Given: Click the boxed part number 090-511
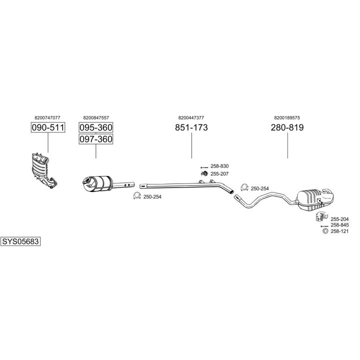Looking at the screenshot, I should [x=48, y=127].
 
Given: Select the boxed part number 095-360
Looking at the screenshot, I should [x=96, y=127].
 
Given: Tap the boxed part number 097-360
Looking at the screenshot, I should [x=96, y=139].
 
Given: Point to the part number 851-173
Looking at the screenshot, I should [x=191, y=127].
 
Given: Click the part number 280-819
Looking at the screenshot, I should [x=287, y=127].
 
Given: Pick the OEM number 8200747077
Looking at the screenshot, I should [x=48, y=117].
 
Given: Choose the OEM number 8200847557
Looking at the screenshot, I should [x=96, y=117].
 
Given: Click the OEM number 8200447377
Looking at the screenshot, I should [x=191, y=117].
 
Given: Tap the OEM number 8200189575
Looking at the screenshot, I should [x=287, y=117].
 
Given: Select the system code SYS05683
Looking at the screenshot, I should [x=20, y=241].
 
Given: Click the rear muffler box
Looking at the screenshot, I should [x=314, y=198].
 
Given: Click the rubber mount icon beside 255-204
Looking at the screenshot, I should [x=320, y=218].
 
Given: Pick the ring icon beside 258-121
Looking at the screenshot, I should [x=324, y=231].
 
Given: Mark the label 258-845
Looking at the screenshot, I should [x=339, y=225].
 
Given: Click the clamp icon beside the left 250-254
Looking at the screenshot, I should [x=136, y=196].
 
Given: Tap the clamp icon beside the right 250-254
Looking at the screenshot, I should [x=244, y=187].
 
